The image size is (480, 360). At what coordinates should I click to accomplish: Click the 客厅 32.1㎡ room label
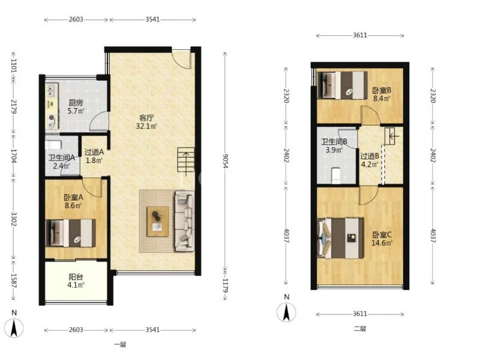tap(146, 122)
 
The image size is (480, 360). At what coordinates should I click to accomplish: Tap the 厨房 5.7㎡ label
tap(76, 107)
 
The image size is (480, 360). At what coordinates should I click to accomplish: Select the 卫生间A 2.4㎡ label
tap(62, 162)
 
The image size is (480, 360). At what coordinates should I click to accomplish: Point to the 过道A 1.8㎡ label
tap(94, 156)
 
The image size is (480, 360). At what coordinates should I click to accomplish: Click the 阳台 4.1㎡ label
tap(76, 281)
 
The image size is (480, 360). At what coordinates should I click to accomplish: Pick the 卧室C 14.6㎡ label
tap(382, 239)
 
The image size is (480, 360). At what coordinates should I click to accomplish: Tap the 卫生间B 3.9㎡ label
tap(334, 146)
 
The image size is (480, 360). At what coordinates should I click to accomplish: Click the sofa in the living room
tap(185, 221)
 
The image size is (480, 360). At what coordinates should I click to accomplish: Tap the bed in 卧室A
tap(70, 233)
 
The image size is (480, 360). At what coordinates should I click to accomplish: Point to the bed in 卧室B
tap(343, 85)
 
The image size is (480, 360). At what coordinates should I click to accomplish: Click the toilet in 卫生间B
tap(336, 175)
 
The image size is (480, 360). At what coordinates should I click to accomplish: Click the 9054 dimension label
tap(226, 161)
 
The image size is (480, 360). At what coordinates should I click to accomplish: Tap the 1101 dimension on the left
tap(13, 65)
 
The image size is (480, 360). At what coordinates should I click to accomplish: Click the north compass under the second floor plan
tap(287, 312)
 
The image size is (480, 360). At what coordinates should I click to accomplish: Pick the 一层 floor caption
tap(120, 344)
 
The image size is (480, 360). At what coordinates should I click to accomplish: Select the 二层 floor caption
tap(360, 329)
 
